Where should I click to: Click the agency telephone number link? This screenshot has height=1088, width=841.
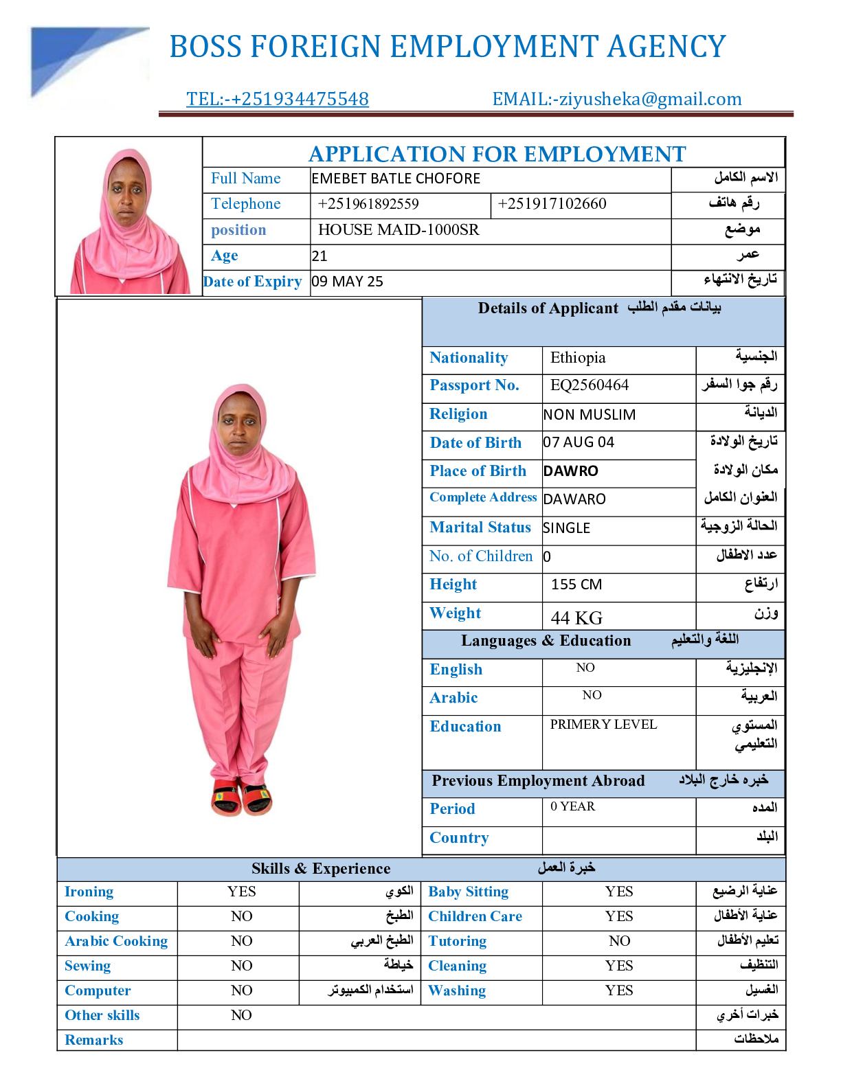coord(277,99)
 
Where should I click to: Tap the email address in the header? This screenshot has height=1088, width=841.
coord(616,99)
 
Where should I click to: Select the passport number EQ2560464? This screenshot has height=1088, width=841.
coord(589,385)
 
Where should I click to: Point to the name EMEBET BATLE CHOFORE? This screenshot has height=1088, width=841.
coord(396,179)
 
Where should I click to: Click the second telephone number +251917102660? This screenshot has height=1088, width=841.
coord(552,204)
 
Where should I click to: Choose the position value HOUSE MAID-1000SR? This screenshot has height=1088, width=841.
coord(399,230)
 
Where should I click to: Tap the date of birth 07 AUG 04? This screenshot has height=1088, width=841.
coord(579,442)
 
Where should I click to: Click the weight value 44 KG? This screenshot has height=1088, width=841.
coord(576,617)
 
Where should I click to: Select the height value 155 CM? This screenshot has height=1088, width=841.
coord(576,585)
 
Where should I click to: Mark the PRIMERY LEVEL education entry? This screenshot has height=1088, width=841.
coord(603,725)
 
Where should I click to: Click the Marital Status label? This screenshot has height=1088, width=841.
coord(480,528)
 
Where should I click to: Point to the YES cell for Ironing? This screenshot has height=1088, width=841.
coord(241,892)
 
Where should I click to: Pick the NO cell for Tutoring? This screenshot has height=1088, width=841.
coord(619,941)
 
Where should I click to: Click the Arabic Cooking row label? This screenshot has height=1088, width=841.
coord(116,941)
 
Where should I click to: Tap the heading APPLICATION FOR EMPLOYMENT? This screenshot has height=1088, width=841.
coord(497,154)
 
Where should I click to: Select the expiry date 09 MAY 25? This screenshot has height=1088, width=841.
coord(347,282)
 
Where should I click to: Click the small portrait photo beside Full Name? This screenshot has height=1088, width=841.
coord(128,220)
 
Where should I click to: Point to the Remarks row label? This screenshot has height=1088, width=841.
coord(94,1040)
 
